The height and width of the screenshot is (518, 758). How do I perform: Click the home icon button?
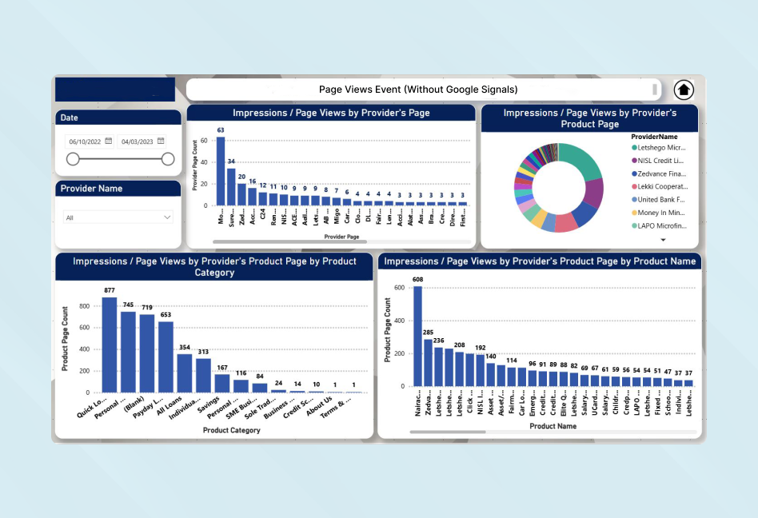[x=684, y=90]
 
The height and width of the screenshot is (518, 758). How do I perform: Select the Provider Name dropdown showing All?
[x=118, y=217]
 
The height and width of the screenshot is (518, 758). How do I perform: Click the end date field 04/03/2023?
[x=142, y=141]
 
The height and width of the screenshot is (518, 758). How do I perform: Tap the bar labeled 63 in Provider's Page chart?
[x=221, y=171]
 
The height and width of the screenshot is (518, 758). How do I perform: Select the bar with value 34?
[x=231, y=186]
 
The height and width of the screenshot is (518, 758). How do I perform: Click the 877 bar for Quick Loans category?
[x=110, y=345]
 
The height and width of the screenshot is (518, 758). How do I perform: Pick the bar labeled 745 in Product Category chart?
[x=128, y=352]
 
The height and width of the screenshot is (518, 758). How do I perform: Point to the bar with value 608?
[x=417, y=336]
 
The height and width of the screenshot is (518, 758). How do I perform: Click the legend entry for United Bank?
[x=660, y=199]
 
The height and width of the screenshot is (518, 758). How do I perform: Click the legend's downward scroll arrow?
[x=663, y=239]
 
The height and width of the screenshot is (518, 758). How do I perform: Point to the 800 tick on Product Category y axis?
[x=85, y=306]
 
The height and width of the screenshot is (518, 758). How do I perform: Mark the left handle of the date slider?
[x=73, y=159]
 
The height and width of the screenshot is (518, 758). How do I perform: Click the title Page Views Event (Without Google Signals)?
[x=418, y=90]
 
